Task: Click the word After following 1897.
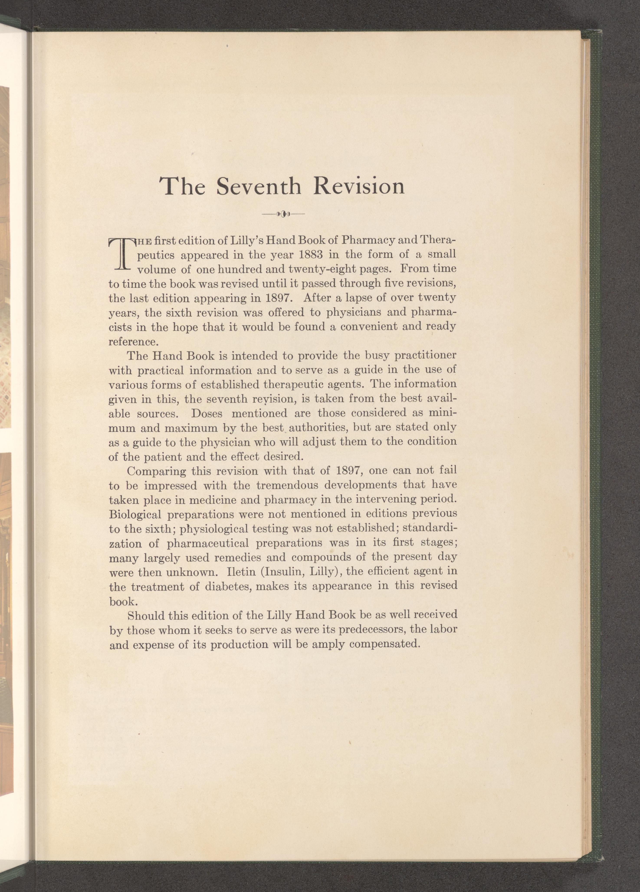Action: coord(318,298)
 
